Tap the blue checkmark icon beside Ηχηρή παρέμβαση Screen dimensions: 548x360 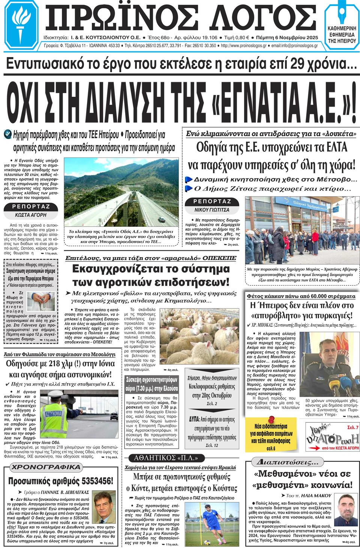click(7, 134)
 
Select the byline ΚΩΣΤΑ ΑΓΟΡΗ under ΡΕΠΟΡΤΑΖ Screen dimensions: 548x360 click(31, 215)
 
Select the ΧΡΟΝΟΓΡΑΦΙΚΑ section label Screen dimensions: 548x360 click(46, 467)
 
